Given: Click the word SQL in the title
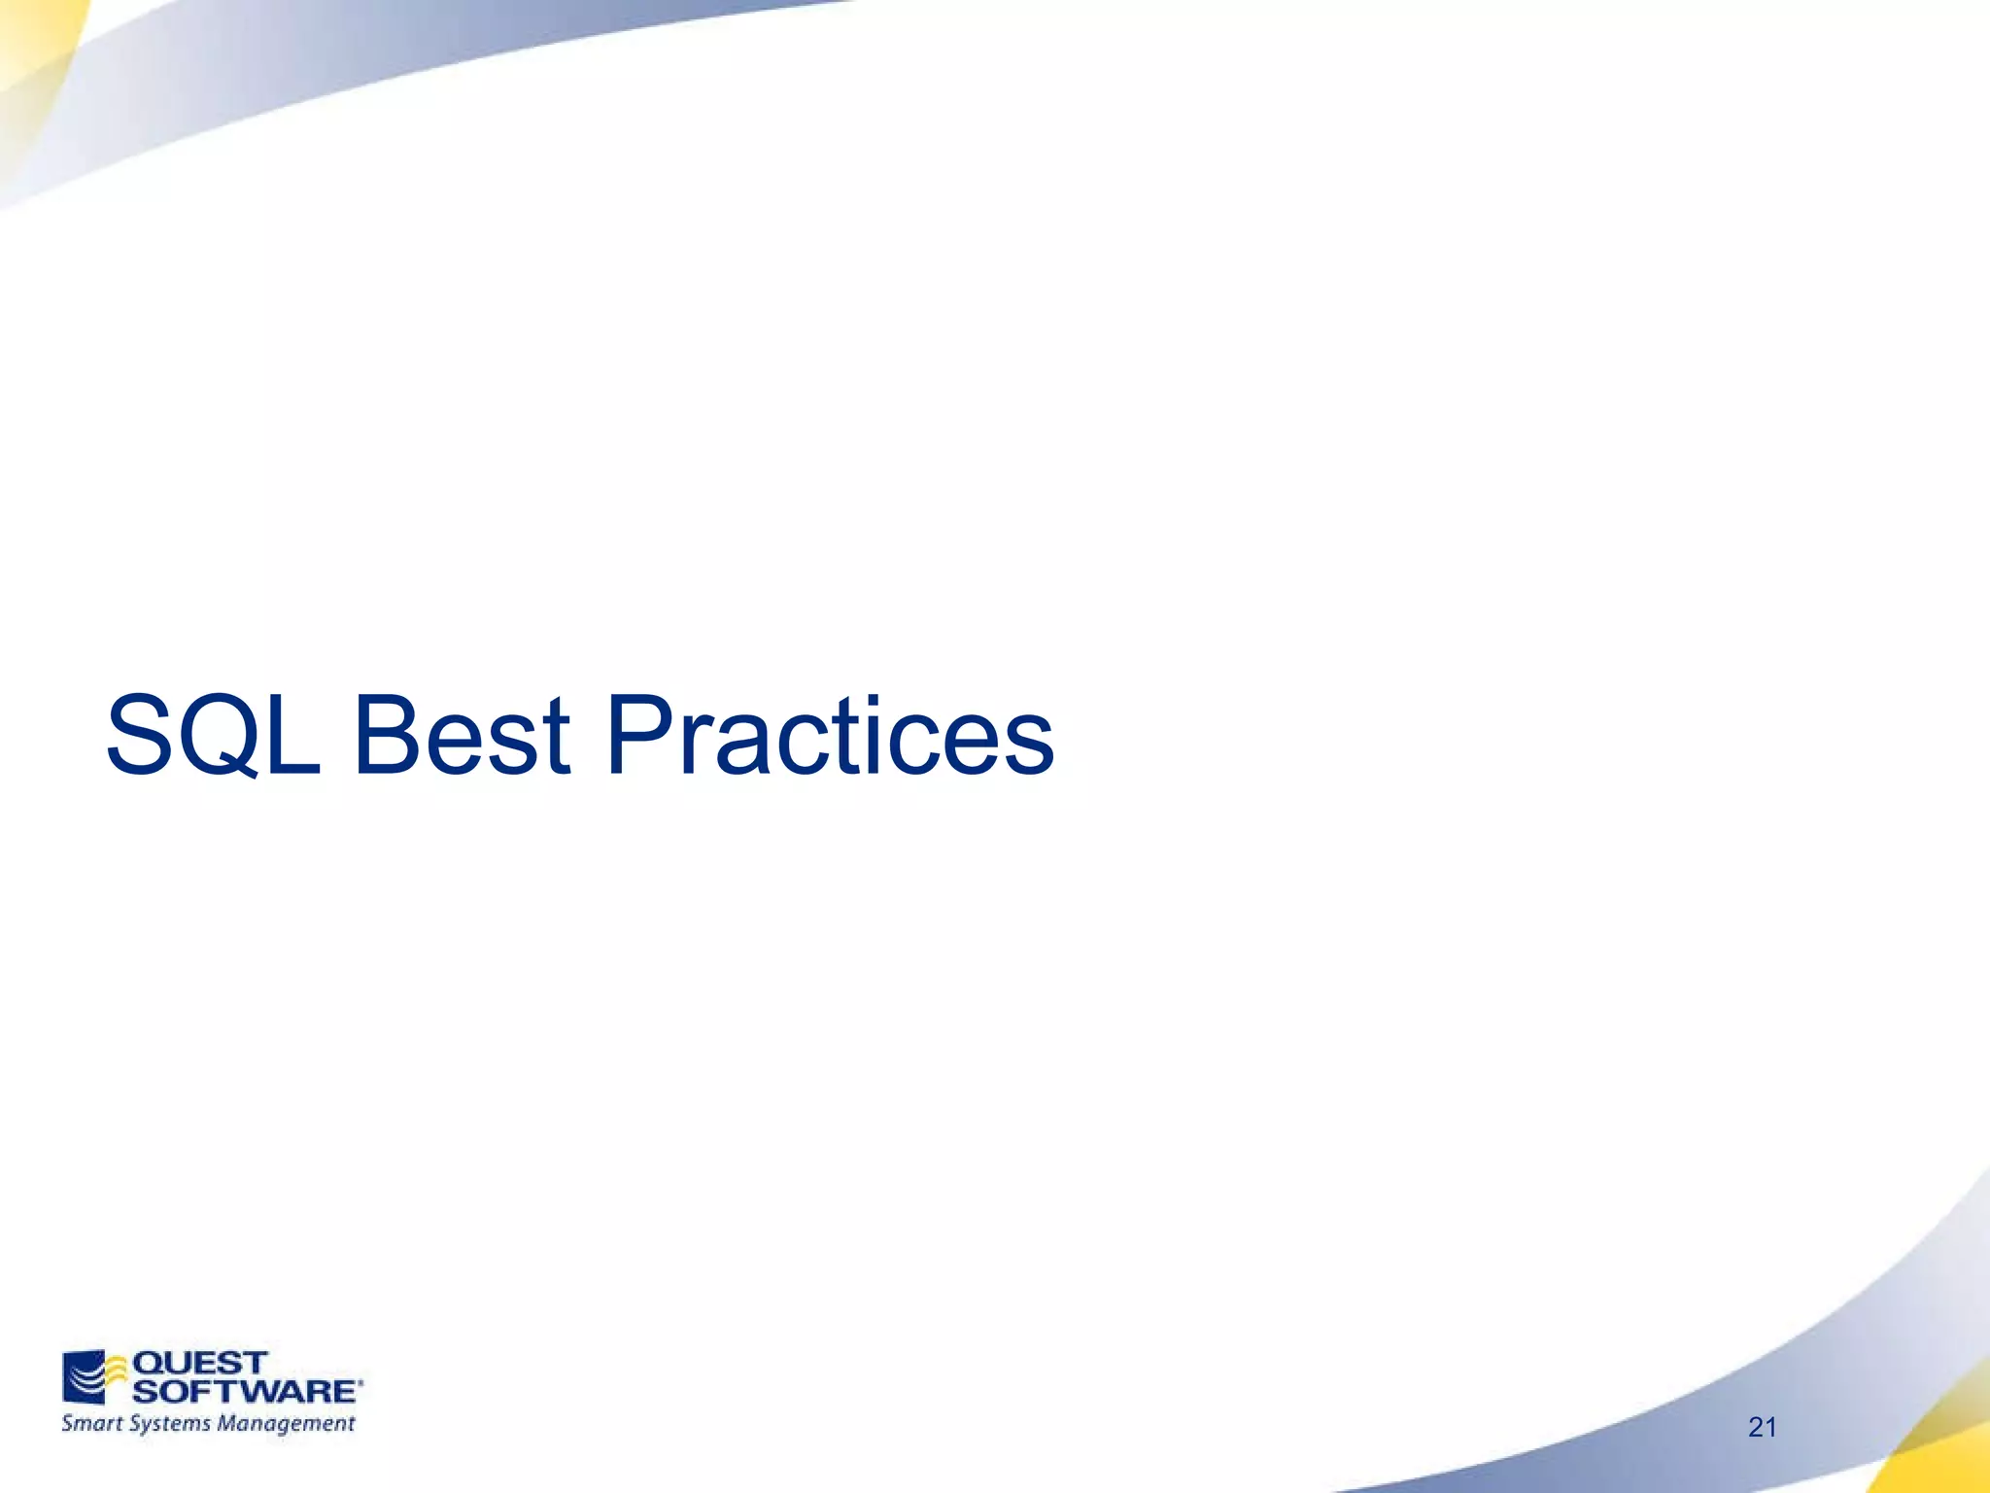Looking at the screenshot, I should coord(213,736).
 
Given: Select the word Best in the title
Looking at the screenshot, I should coord(462,736).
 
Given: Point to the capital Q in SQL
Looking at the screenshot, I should coord(225,736).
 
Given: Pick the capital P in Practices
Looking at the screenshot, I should coord(641,736).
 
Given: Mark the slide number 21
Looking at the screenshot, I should coord(1762,1427).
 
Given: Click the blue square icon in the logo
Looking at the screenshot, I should coord(82,1375).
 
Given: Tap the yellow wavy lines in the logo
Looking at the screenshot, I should coord(117,1371).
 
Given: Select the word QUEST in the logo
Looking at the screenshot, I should coord(199,1363).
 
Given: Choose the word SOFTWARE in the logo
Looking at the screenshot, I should coord(244,1391).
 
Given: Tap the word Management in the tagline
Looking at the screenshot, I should coord(286,1424).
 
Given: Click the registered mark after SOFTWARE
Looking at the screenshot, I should coord(360,1381).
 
